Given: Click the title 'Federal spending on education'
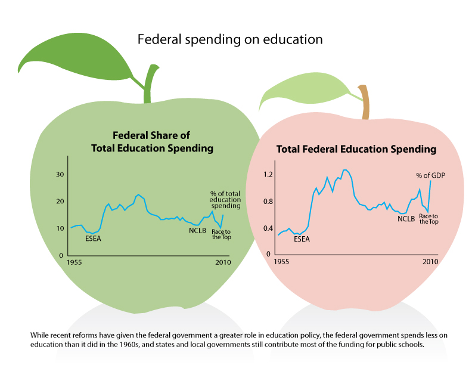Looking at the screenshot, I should point(230,40).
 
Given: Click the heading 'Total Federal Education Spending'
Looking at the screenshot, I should point(356,149).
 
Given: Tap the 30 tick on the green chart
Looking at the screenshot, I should point(59,174).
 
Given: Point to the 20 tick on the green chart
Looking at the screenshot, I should point(59,201).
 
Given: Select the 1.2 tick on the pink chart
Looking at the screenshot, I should point(268,175).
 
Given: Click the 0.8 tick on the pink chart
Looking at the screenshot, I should point(268,202).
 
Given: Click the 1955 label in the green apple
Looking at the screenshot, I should point(74,262).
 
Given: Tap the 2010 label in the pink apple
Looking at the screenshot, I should point(430,262).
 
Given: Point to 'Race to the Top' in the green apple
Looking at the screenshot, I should point(221,234).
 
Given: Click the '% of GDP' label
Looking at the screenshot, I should point(430,175).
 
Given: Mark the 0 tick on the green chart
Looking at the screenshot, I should point(61,255).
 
